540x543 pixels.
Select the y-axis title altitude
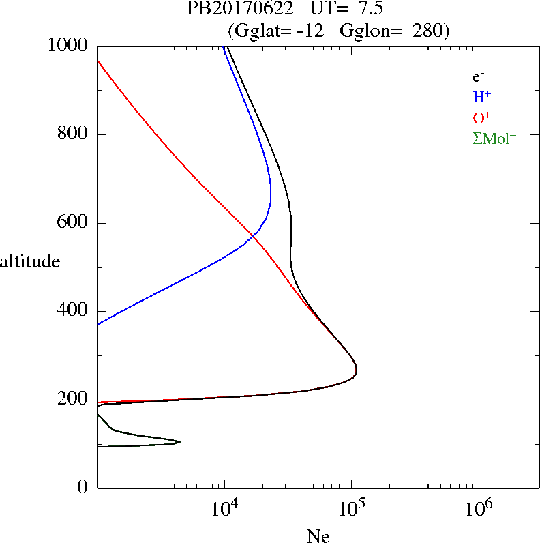click(30, 261)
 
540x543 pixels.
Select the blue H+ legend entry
click(481, 97)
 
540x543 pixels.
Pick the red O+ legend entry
click(481, 117)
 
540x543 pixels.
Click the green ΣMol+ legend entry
click(494, 138)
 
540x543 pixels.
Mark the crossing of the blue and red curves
click(254, 235)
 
